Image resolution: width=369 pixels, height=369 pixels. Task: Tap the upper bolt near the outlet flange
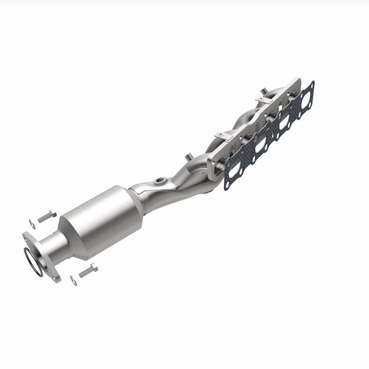[x=47, y=216]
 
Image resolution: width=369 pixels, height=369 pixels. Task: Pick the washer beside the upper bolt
[x=31, y=223]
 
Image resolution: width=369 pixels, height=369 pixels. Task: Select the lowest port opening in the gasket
[x=235, y=169]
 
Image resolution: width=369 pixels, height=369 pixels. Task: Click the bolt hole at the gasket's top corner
[x=312, y=84]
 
